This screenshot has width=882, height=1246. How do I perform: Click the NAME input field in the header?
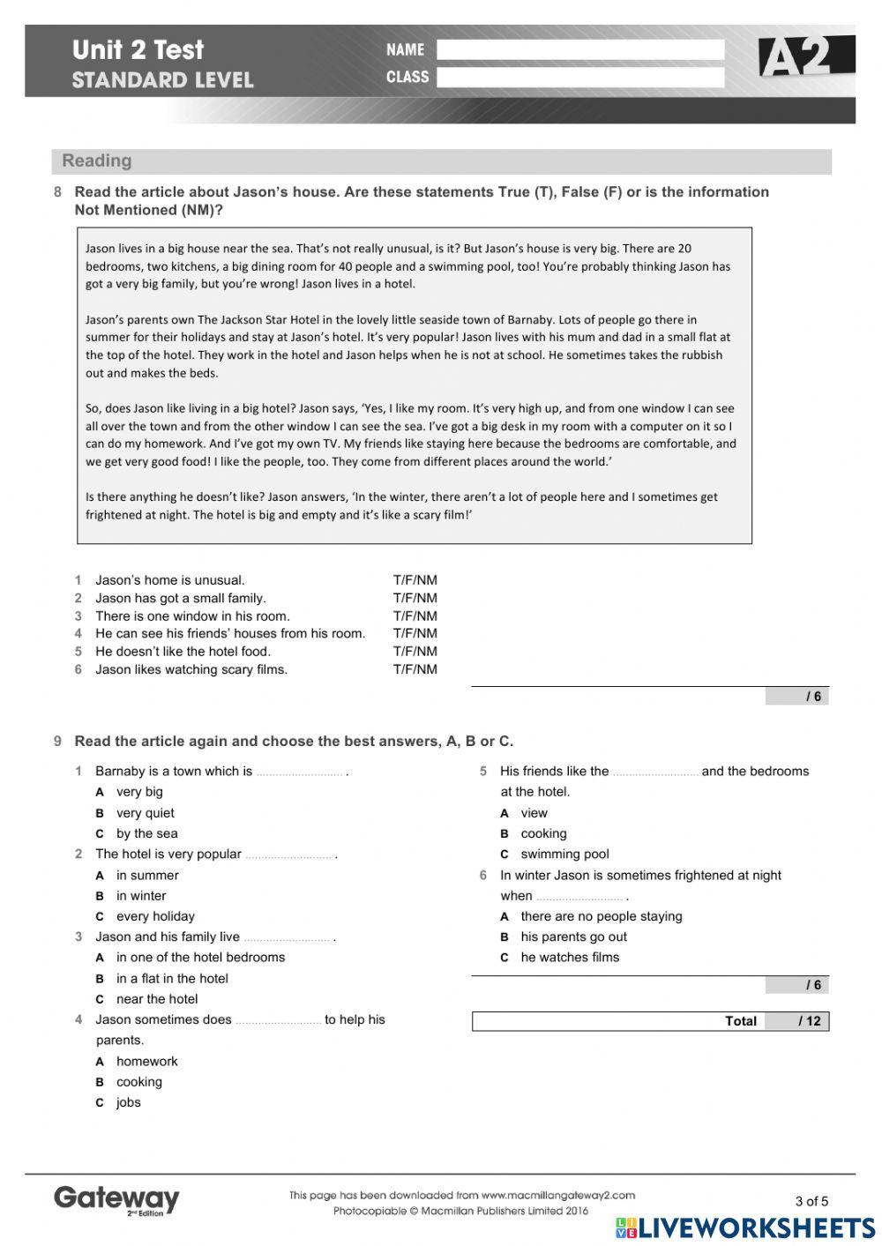tap(580, 50)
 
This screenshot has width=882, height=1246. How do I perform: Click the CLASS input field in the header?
tap(580, 78)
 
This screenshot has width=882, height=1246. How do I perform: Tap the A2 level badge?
tap(805, 57)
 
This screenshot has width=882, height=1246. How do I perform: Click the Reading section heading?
tap(97, 160)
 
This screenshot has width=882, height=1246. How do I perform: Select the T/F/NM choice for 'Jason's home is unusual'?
tap(415, 580)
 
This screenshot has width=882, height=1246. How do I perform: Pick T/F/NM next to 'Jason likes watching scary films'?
tap(415, 669)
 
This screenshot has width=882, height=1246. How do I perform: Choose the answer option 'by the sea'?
tap(146, 833)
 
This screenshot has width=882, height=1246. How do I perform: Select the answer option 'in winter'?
tap(141, 896)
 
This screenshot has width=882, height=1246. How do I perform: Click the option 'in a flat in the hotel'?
tap(172, 978)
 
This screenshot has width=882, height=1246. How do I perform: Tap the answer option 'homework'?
tap(146, 1061)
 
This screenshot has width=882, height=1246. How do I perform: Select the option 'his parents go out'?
tap(573, 936)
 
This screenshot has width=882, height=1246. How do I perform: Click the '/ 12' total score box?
tap(797, 1021)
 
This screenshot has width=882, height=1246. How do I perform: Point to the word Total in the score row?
tap(740, 1021)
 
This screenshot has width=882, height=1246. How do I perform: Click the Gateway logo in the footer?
tap(116, 1199)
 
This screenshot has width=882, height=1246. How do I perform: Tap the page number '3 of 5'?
tap(811, 1201)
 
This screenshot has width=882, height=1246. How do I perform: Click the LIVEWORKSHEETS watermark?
tap(745, 1228)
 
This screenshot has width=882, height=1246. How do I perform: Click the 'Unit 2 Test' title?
tap(138, 50)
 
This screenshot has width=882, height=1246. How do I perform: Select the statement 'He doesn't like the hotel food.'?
tap(183, 652)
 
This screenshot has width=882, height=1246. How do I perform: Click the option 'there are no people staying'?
tap(601, 916)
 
